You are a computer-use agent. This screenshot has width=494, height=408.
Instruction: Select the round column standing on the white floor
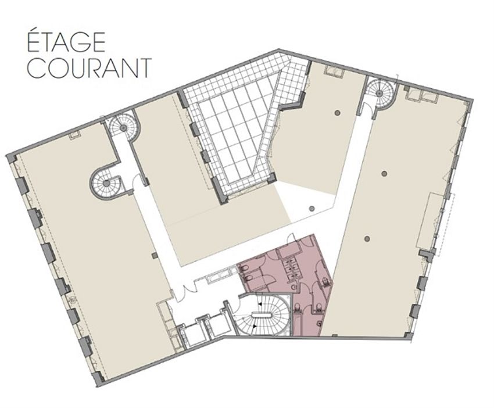pos(312,208)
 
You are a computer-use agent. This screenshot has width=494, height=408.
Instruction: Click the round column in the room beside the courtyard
pos(337,112)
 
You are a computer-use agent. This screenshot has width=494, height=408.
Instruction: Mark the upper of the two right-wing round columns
pos(384,173)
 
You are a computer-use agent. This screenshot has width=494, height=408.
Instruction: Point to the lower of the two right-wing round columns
pos(367,237)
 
